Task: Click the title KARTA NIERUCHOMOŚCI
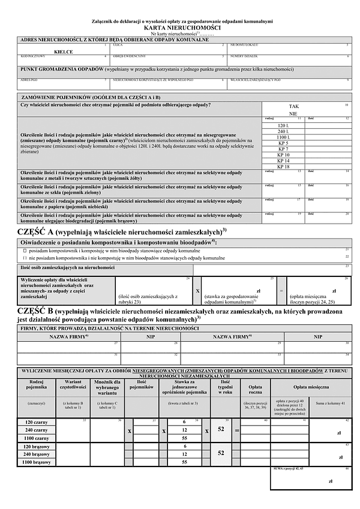(182, 28)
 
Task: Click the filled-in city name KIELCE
(64, 52)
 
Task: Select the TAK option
(293, 106)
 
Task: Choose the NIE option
(293, 113)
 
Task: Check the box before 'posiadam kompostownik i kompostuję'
(25, 250)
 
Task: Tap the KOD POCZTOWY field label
(30, 56)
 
